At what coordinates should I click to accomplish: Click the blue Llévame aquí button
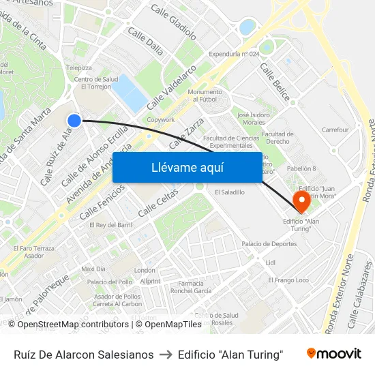pyautogui.click(x=187, y=167)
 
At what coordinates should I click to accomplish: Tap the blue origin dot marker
pyautogui.click(x=74, y=121)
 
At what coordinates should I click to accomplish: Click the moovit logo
pyautogui.click(x=333, y=354)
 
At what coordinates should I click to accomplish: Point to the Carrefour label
pyautogui.click(x=335, y=130)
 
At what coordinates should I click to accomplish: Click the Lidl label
pyautogui.click(x=271, y=262)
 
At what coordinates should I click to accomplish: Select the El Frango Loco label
pyautogui.click(x=288, y=280)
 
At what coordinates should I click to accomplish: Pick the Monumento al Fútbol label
pyautogui.click(x=205, y=95)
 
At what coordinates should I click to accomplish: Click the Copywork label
pyautogui.click(x=161, y=119)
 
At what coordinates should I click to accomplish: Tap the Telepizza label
pyautogui.click(x=78, y=68)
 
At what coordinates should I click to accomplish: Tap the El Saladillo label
pyautogui.click(x=229, y=192)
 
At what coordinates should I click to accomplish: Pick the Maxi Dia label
pyautogui.click(x=93, y=269)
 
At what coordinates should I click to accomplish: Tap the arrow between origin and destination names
pyautogui.click(x=166, y=355)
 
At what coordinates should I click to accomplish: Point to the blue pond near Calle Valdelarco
pyautogui.click(x=129, y=92)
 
